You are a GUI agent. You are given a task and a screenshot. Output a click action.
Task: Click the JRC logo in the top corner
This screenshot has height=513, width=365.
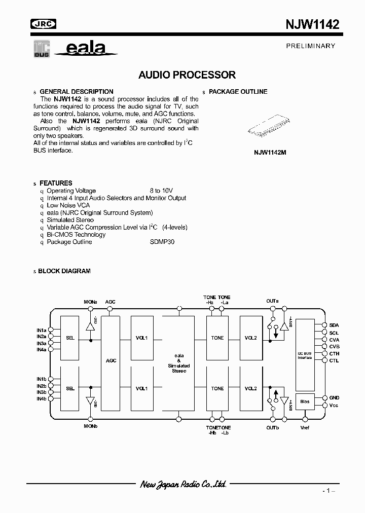(x=44, y=23)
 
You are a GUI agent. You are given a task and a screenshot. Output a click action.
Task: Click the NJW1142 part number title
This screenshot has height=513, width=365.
(x=311, y=24)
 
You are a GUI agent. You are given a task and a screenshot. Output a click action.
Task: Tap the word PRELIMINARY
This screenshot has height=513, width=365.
(x=311, y=46)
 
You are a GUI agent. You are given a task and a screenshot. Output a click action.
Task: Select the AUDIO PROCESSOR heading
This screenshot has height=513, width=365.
(x=187, y=75)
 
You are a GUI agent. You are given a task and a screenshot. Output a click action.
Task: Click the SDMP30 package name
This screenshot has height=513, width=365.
(x=162, y=242)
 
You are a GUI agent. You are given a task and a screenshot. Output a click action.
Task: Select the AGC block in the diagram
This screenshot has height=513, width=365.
(x=111, y=360)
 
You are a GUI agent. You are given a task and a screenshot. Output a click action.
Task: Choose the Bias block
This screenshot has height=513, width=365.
(x=305, y=401)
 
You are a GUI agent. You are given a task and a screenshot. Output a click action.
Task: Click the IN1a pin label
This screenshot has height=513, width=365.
(x=41, y=330)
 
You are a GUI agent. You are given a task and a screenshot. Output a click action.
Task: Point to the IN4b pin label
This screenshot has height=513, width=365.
(x=41, y=399)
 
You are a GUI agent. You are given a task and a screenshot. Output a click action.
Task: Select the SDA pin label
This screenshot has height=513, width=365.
(x=334, y=325)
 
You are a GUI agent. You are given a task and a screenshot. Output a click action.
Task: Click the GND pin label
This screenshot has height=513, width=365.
(x=334, y=398)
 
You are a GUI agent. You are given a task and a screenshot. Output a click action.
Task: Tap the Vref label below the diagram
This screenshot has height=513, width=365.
(x=305, y=428)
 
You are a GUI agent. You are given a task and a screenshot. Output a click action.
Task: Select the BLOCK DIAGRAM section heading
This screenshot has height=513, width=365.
(x=64, y=271)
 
